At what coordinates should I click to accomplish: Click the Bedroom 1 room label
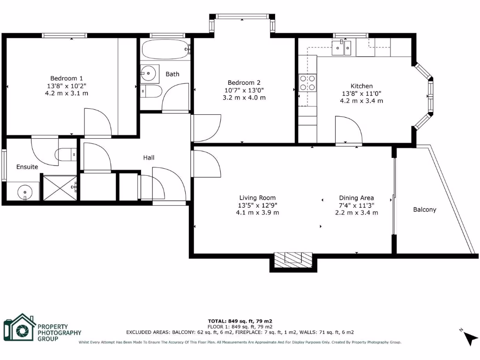pyautogui.click(x=67, y=78)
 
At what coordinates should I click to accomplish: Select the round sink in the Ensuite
pyautogui.click(x=24, y=192)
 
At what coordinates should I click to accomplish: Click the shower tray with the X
pyautogui.click(x=60, y=188)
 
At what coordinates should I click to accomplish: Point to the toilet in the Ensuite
pyautogui.click(x=65, y=153)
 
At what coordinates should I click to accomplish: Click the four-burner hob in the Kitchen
pyautogui.click(x=307, y=83)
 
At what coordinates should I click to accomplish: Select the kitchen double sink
pyautogui.click(x=342, y=47)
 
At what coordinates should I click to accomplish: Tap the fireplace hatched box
pyautogui.click(x=293, y=259)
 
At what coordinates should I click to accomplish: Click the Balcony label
pyautogui.click(x=424, y=210)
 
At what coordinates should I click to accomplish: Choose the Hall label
pyautogui.click(x=149, y=157)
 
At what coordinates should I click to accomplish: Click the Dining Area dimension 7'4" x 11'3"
pyautogui.click(x=356, y=205)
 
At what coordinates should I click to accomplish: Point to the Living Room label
pyautogui.click(x=257, y=198)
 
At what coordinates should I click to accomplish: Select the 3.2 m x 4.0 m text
pyautogui.click(x=244, y=97)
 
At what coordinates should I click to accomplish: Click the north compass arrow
pyautogui.click(x=470, y=338)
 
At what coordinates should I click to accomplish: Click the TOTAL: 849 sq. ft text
pyautogui.click(x=240, y=321)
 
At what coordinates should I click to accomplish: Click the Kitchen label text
pyautogui.click(x=361, y=86)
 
